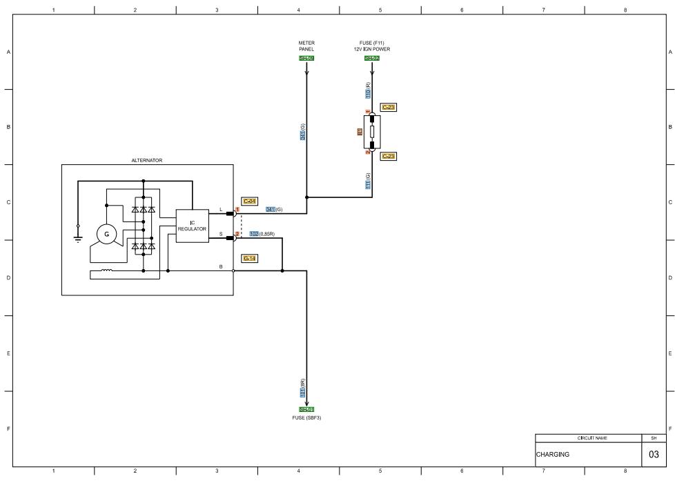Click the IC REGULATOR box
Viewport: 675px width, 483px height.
click(x=192, y=226)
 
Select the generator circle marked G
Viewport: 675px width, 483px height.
click(x=106, y=235)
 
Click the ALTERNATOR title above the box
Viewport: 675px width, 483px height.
click(x=147, y=160)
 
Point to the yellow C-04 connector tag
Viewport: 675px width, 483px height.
click(x=250, y=201)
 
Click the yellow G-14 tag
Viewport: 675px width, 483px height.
click(x=250, y=258)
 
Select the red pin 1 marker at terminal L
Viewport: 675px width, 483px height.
click(x=237, y=209)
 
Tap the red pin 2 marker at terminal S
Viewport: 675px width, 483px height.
click(x=237, y=235)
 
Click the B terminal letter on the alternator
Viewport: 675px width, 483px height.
click(x=221, y=266)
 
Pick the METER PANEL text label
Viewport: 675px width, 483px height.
click(x=306, y=46)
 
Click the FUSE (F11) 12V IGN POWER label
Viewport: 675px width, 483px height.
click(x=372, y=46)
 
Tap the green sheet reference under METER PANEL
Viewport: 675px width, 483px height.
click(x=306, y=59)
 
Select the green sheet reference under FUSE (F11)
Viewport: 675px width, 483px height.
click(x=372, y=59)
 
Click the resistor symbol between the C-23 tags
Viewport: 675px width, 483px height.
click(x=372, y=131)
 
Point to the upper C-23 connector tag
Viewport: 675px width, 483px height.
click(x=389, y=108)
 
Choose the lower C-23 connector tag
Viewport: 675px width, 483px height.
click(x=389, y=157)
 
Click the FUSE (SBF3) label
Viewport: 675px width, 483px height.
click(x=306, y=418)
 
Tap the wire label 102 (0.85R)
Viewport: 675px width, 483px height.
click(x=262, y=234)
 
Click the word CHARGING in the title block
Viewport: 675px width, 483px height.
click(x=553, y=455)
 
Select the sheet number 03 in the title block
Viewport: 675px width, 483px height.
click(x=654, y=455)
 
